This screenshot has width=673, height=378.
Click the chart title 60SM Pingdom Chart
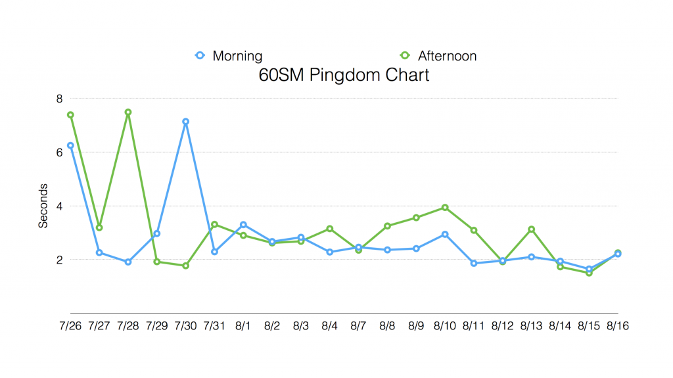coord(344,75)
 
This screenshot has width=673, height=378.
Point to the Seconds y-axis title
coord(43,205)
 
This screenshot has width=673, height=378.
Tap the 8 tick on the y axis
coord(58,99)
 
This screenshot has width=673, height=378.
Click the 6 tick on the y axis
coord(58,152)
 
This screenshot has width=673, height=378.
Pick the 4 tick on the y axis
coord(58,206)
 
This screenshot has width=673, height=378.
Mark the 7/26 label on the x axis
coord(70,325)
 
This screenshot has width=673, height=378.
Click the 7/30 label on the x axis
coord(185,325)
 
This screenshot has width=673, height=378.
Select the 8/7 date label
coord(358,325)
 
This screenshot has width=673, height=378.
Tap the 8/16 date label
coord(618,325)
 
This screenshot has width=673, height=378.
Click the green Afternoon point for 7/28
coord(128,112)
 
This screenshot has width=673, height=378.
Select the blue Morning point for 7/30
coord(186,122)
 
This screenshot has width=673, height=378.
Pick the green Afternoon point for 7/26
coord(70,115)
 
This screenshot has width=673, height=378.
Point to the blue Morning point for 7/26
coord(70,145)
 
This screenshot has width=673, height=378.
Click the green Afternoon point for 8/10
coord(445,208)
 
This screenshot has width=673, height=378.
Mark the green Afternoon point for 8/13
coord(531,229)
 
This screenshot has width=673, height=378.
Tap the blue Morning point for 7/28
coord(128,262)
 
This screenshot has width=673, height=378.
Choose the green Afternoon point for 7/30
coord(186,266)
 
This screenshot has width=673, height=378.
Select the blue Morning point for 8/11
coord(474,263)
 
